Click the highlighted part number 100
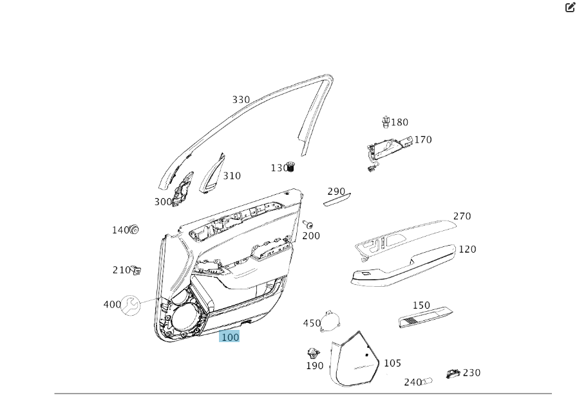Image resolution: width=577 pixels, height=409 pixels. pos(229,336)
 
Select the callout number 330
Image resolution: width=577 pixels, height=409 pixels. pos(241,100)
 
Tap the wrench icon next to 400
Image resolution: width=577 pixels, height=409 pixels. pos(131,305)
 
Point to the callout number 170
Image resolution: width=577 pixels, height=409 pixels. pos(423,140)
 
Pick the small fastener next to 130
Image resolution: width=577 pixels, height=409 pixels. pos(291,167)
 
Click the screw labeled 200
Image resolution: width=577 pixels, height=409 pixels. pos(308,224)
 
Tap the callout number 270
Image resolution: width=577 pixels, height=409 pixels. pos(462,216)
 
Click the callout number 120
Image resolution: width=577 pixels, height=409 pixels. pos(468,249)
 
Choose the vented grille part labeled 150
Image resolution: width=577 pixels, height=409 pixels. pos(425,317)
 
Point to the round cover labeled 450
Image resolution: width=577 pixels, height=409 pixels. pos(332,320)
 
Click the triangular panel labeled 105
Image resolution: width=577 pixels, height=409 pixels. pos(355,360)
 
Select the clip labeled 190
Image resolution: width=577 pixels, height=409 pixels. pos(314,352)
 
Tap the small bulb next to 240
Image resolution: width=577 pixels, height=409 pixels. pos(428,381)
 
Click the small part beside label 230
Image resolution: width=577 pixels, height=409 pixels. pos(453,374)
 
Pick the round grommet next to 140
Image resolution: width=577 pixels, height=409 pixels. pos(135,230)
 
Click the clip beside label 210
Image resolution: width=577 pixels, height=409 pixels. pos(137,271)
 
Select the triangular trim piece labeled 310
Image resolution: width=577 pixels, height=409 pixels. pos(211,174)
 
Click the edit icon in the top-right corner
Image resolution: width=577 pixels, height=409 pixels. pos(570,8)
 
